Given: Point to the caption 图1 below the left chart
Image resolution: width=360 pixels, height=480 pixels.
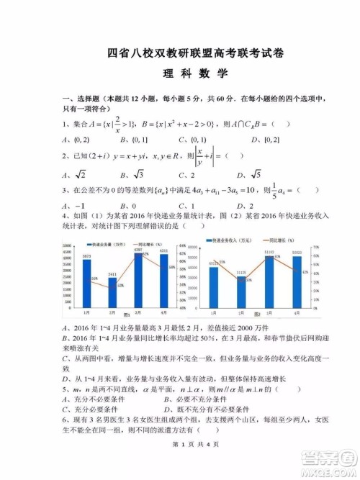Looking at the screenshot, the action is [126, 314].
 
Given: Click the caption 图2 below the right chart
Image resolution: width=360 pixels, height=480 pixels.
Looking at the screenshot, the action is [258, 314].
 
